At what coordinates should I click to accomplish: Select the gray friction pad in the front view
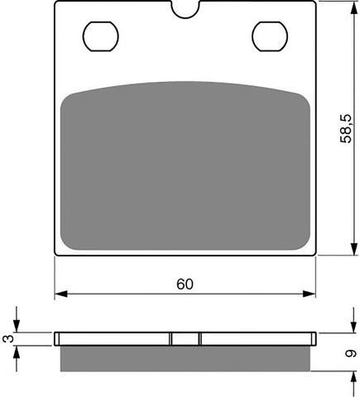click(x=186, y=165)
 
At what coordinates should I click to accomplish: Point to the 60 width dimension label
click(x=185, y=284)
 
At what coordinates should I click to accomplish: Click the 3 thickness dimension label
click(x=9, y=337)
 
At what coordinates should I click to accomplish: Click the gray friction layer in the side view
click(x=186, y=357)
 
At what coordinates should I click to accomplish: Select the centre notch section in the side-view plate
click(x=186, y=338)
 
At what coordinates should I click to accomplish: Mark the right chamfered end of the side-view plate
click(x=314, y=338)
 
